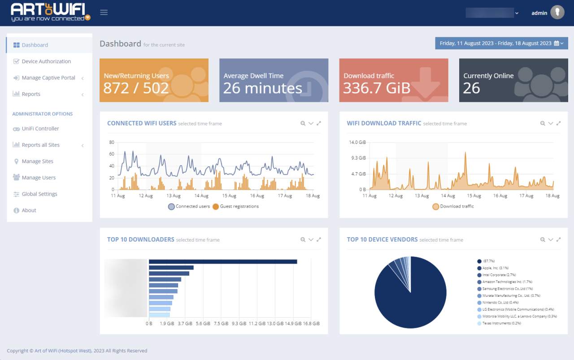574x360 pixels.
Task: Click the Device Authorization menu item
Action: click(x=46, y=61)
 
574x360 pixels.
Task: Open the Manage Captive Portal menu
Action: click(x=48, y=78)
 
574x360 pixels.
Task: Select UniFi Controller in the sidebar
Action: click(x=40, y=129)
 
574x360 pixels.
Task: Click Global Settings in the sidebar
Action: click(x=39, y=194)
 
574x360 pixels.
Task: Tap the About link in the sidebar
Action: click(x=29, y=211)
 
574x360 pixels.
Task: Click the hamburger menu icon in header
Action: click(x=104, y=13)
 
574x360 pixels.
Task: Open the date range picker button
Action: click(x=501, y=43)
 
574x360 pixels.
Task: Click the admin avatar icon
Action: click(x=557, y=13)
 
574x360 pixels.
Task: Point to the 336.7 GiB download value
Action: click(x=377, y=88)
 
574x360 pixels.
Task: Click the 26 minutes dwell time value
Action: click(x=262, y=88)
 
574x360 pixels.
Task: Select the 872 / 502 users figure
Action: click(x=136, y=88)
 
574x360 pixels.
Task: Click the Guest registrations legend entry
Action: click(x=236, y=207)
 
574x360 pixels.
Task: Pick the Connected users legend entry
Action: click(x=189, y=207)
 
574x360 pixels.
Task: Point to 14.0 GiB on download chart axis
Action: click(x=357, y=143)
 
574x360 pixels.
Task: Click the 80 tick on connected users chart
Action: click(x=112, y=143)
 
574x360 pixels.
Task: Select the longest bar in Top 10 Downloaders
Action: click(x=223, y=261)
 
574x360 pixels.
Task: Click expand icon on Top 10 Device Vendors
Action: click(x=558, y=240)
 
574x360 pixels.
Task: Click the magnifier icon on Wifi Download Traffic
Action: click(x=543, y=123)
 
